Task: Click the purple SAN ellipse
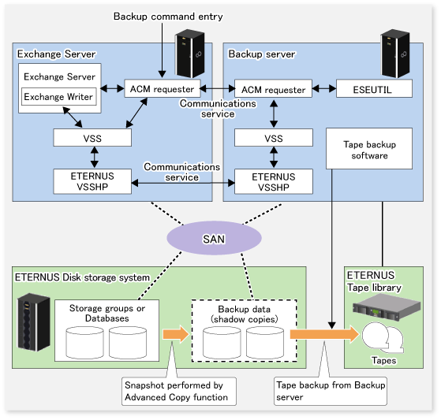click(214, 238)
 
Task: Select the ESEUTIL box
click(374, 89)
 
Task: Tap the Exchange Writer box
click(59, 96)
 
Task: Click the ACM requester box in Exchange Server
click(163, 88)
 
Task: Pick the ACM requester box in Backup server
click(273, 89)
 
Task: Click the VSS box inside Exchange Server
click(92, 138)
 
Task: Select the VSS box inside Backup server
click(274, 138)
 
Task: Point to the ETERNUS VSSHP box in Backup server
click(274, 181)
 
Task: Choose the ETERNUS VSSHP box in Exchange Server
click(92, 181)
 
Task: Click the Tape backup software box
click(369, 149)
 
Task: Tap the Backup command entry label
click(168, 17)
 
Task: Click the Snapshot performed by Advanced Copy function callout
click(179, 391)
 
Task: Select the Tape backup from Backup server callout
click(331, 391)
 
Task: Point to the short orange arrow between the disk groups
click(176, 334)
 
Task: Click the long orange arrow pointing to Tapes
click(325, 334)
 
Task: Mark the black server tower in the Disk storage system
click(34, 322)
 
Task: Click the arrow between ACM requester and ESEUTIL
click(324, 89)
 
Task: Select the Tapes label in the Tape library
click(383, 360)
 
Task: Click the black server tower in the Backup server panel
click(395, 54)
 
